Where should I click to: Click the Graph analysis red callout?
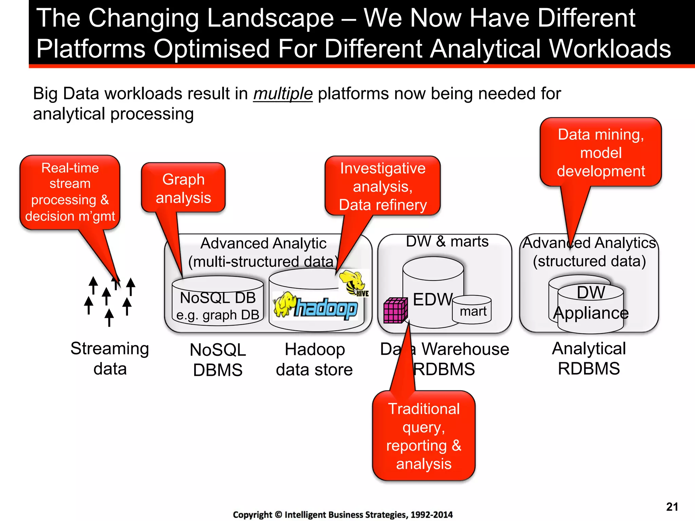pyautogui.click(x=183, y=188)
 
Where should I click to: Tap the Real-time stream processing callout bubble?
pyautogui.click(x=70, y=192)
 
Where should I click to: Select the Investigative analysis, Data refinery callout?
pyautogui.click(x=382, y=187)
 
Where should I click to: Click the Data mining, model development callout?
pyautogui.click(x=601, y=153)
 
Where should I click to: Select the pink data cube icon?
pyautogui.click(x=395, y=310)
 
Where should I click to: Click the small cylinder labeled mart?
pyautogui.click(x=472, y=310)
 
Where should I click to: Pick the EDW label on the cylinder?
pyautogui.click(x=432, y=300)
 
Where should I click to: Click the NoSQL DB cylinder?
pyautogui.click(x=218, y=302)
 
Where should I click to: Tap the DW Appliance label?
pyautogui.click(x=590, y=303)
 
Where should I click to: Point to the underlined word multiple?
pyautogui.click(x=283, y=94)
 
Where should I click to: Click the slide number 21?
pyautogui.click(x=672, y=507)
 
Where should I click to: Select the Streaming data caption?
pyautogui.click(x=110, y=359)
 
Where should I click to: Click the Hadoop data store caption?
pyautogui.click(x=314, y=360)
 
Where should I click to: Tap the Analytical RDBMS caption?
pyautogui.click(x=589, y=359)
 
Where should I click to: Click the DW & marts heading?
pyautogui.click(x=447, y=242)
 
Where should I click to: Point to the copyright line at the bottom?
pyautogui.click(x=343, y=515)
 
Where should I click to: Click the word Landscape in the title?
pyautogui.click(x=270, y=18)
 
